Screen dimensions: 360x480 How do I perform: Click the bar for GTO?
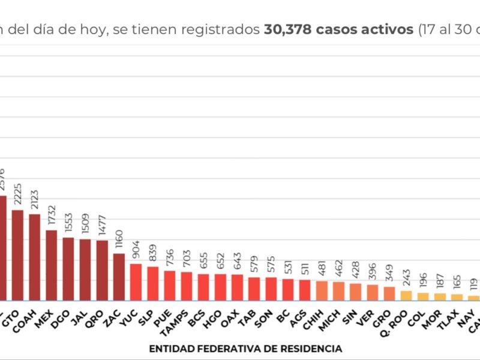pyautogui.click(x=17, y=255)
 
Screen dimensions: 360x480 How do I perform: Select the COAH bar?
pyautogui.click(x=35, y=257)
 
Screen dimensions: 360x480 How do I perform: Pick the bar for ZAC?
pyautogui.click(x=119, y=277)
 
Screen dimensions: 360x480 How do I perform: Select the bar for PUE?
pyautogui.click(x=170, y=286)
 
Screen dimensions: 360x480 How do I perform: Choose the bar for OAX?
pyautogui.click(x=238, y=287)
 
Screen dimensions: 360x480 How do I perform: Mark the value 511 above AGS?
pyautogui.click(x=305, y=270)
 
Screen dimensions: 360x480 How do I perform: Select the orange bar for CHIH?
pyautogui.click(x=322, y=290)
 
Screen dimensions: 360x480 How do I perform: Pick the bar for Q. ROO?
pyautogui.click(x=407, y=295)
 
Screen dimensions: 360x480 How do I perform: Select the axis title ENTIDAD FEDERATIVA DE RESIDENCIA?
pyautogui.click(x=246, y=349)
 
